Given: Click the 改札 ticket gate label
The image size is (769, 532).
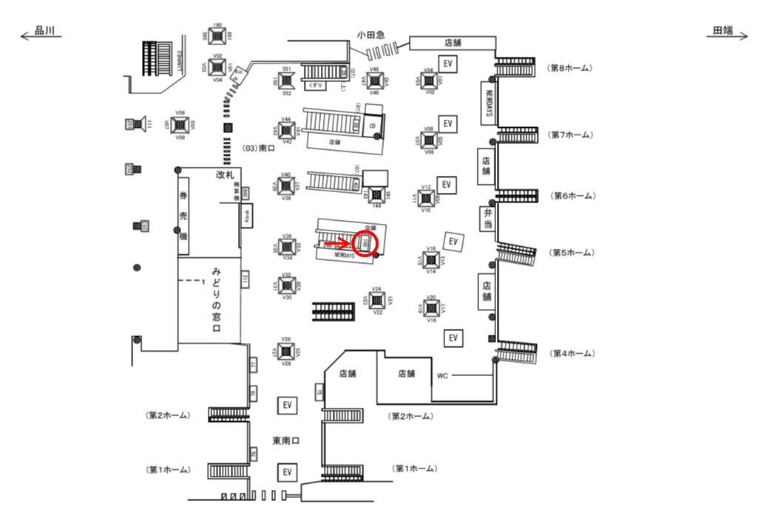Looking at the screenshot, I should coord(224,174).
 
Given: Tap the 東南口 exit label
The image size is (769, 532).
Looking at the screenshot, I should coord(285,441).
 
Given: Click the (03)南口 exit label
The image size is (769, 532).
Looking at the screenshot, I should coord(261,149).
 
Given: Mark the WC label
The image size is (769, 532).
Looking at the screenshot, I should coord(442,375).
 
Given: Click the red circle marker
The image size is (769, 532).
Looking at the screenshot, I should coord(366,243).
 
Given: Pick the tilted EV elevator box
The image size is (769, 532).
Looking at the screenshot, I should coord(453,242).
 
